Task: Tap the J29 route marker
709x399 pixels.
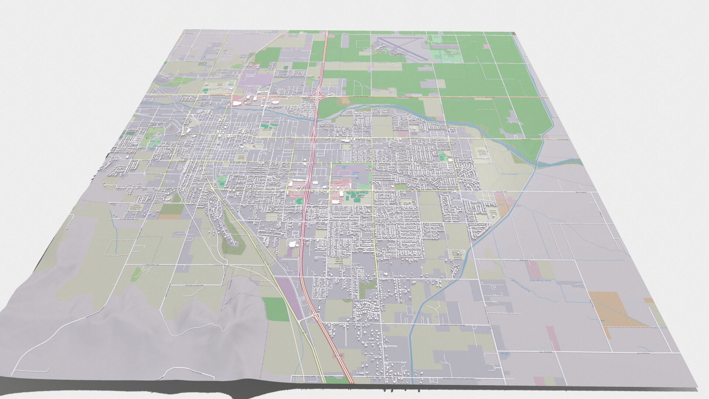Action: coord(304,333)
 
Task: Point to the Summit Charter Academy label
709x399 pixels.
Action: coord(456,255)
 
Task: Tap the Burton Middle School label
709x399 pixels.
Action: coord(491,214)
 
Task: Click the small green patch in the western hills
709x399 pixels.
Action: coord(136,274)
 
